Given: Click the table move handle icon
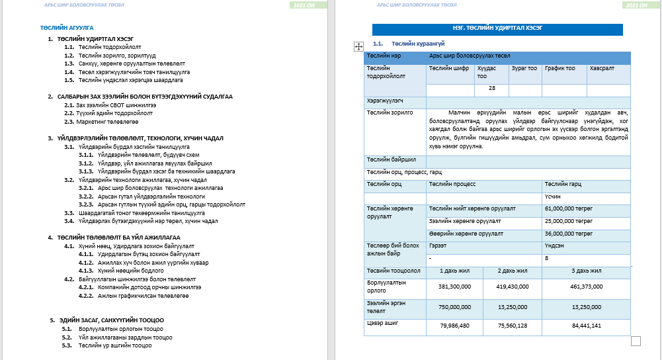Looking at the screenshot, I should pyautogui.click(x=358, y=46).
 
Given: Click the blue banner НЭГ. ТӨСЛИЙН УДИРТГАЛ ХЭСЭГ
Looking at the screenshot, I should pyautogui.click(x=497, y=29).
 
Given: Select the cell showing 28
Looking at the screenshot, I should pyautogui.click(x=491, y=88).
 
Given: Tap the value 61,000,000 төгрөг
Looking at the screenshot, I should pyautogui.click(x=568, y=208).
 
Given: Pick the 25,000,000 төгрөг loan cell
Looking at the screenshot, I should pyautogui.click(x=568, y=220).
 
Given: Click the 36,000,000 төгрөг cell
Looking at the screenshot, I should pyautogui.click(x=568, y=233).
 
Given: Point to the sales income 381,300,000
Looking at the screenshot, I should pyautogui.click(x=454, y=287).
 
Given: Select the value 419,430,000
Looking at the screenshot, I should pyautogui.click(x=512, y=287).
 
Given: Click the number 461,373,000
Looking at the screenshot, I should pyautogui.click(x=585, y=287).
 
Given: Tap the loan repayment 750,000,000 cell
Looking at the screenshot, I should pyautogui.click(x=454, y=306).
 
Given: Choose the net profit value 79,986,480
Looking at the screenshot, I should pyautogui.click(x=454, y=325).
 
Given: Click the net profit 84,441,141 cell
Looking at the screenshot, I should pyautogui.click(x=585, y=325).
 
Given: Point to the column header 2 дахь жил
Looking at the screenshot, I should pyautogui.click(x=512, y=271).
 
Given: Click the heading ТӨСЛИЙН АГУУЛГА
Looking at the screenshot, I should pyautogui.click(x=66, y=28).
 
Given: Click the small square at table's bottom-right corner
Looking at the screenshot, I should pyautogui.click(x=636, y=341).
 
